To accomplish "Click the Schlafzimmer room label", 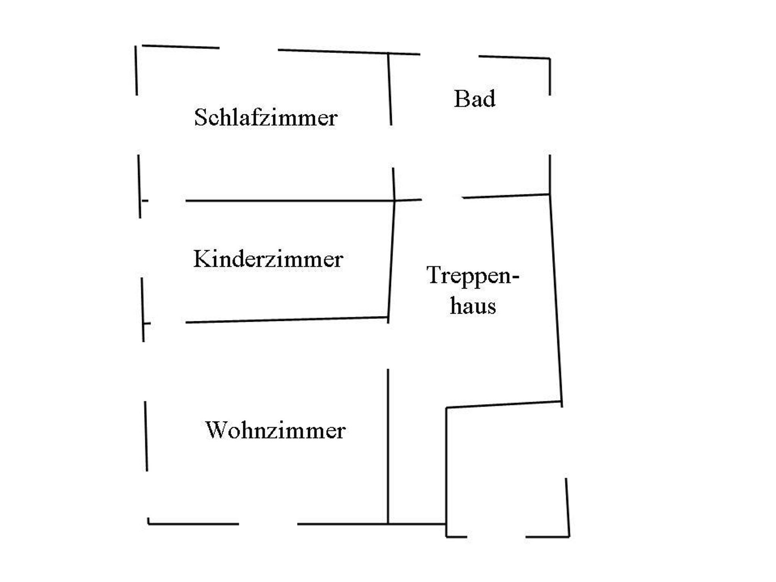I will coord(266,117).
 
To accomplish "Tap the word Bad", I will coord(474,99).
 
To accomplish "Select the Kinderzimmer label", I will coord(268,260).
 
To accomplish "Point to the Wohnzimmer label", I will coord(275,431).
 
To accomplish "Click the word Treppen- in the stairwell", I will coord(472,275).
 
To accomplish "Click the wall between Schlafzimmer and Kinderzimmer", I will coord(288,201).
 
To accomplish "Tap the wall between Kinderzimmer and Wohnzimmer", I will coord(284,320).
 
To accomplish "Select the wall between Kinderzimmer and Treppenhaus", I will coord(391,261).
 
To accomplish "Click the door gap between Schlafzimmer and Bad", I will coord(392,146).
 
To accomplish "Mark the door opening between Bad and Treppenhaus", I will coord(442,198).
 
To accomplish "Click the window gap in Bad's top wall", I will coord(449,55).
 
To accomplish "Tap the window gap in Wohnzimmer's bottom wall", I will coord(268,524).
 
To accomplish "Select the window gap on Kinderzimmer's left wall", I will coord(141,248).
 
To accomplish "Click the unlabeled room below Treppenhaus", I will coord(506,469).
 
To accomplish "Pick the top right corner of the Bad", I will coord(549,59).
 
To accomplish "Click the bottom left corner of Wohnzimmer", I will coord(148,524).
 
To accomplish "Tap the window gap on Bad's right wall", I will coord(550,125).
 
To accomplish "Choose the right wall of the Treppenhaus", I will coord(556,299).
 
